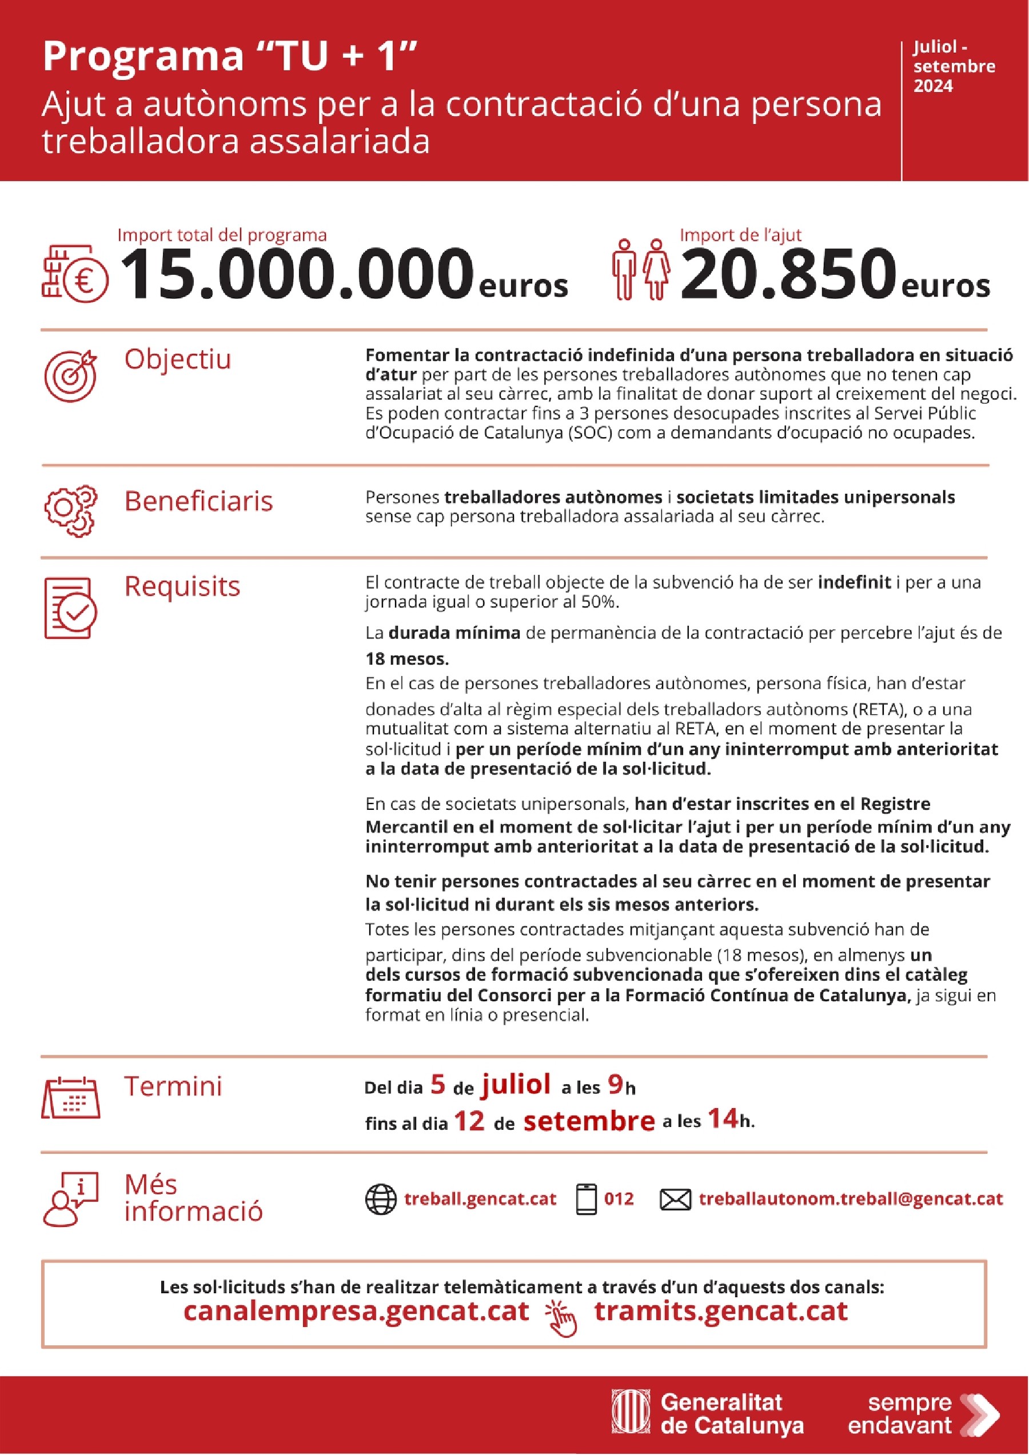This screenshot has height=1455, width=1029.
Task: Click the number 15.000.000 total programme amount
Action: pyautogui.click(x=296, y=274)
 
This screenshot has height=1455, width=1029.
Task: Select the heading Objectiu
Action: pyautogui.click(x=178, y=359)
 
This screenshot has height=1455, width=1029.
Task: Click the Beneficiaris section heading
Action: pyautogui.click(x=198, y=501)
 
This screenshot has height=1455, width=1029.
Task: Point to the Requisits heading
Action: pyautogui.click(x=182, y=586)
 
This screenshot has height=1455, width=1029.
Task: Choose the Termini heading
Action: pyautogui.click(x=173, y=1086)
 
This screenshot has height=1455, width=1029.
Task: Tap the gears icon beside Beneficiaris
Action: pyautogui.click(x=70, y=511)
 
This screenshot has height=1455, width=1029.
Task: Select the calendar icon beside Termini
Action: pyautogui.click(x=70, y=1098)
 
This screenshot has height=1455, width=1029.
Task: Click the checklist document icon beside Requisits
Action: pyautogui.click(x=70, y=607)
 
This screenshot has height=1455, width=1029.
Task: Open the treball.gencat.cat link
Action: pyautogui.click(x=480, y=1199)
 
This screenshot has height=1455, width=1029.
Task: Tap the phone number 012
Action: pyautogui.click(x=619, y=1199)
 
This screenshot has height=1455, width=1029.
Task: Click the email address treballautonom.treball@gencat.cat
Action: pyautogui.click(x=851, y=1199)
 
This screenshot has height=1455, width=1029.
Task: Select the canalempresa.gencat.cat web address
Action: pyautogui.click(x=356, y=1311)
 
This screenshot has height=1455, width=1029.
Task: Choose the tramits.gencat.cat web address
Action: pyautogui.click(x=721, y=1311)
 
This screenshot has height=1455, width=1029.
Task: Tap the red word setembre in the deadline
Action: pyautogui.click(x=589, y=1122)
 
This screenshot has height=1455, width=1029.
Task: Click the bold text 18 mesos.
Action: pyautogui.click(x=407, y=659)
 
